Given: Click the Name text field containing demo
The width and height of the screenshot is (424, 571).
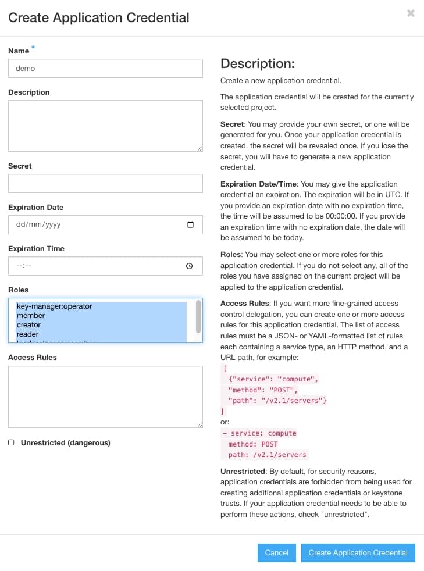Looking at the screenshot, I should [105, 68].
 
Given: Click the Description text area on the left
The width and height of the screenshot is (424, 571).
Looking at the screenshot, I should [105, 126].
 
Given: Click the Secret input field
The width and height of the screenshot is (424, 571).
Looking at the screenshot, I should [105, 183].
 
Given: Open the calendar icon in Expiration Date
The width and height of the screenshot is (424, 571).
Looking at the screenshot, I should [190, 224].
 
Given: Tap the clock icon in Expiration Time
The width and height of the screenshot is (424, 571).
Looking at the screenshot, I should [189, 266].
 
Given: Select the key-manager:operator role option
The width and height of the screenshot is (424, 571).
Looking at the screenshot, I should [54, 306].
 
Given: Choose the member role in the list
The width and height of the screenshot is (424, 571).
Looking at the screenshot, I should [31, 316].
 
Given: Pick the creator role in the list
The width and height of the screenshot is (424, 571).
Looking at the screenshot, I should [28, 325].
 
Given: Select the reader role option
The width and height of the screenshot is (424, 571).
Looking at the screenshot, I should [27, 334].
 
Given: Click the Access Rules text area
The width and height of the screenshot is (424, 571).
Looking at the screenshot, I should [105, 397].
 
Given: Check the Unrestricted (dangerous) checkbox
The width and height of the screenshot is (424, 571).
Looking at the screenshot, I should [11, 442].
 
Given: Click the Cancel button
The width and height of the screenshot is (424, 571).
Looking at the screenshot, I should [277, 552].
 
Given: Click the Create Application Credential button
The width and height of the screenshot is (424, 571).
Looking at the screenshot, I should [358, 552].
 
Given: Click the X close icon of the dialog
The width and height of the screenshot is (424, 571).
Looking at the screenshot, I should [411, 13].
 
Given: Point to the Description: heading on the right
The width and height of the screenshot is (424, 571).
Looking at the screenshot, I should [258, 63].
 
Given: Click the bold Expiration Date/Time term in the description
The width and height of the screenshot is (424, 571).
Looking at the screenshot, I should [259, 184].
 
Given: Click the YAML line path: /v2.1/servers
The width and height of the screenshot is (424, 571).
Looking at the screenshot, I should [268, 455].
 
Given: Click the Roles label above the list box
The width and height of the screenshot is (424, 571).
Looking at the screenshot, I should [18, 290].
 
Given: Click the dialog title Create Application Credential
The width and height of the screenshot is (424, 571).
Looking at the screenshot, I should [99, 17].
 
